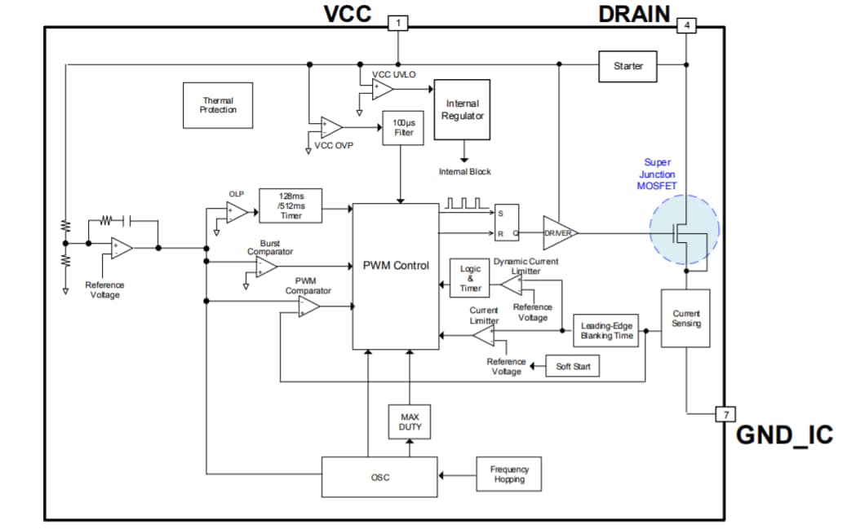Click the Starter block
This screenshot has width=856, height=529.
[628, 65]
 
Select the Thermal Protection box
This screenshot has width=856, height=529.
[218, 105]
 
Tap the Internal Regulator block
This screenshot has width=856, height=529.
[463, 109]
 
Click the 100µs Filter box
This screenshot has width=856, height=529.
[403, 128]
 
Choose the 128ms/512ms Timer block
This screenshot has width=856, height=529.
[290, 205]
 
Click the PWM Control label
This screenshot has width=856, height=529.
[396, 266]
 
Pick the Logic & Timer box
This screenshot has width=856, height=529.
[470, 278]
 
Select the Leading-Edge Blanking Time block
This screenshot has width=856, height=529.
[606, 330]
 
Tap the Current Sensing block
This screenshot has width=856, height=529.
[685, 318]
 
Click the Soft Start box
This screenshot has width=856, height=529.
[573, 367]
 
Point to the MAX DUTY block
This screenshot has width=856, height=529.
[410, 421]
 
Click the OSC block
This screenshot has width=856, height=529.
[379, 477]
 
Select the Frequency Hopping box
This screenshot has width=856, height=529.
[508, 474]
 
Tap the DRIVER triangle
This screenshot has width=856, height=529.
[559, 233]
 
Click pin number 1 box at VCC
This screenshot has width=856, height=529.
[397, 23]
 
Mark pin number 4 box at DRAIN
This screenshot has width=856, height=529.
[687, 25]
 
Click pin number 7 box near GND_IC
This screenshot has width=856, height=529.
[724, 414]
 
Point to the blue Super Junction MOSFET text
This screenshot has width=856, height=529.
[657, 174]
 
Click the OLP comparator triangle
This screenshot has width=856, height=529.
[237, 212]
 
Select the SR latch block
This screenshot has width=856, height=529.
[508, 223]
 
